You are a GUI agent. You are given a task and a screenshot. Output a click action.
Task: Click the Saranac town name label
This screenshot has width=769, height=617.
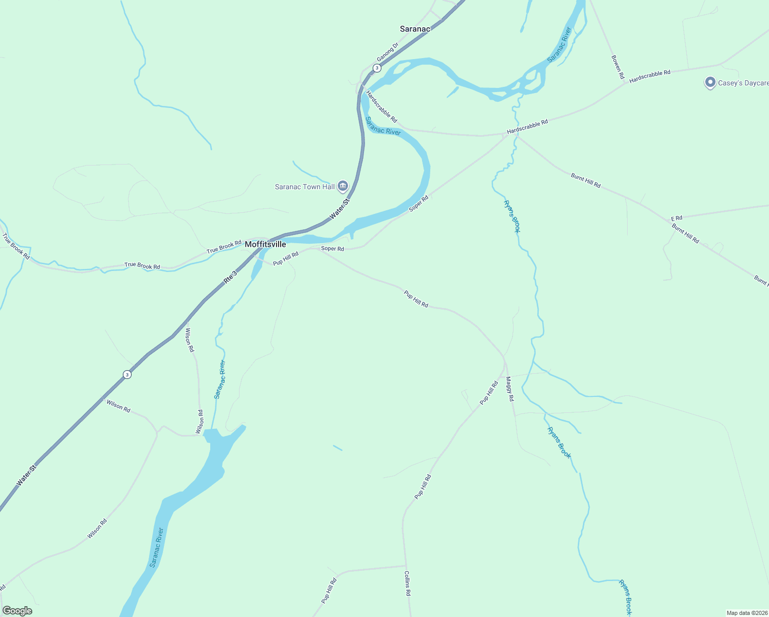point(415,29)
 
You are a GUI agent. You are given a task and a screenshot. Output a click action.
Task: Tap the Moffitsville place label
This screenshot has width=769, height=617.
point(265,244)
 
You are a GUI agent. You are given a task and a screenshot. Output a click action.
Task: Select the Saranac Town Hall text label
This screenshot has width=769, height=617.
point(305,187)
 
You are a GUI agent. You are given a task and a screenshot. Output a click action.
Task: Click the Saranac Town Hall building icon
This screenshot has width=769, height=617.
point(343,186)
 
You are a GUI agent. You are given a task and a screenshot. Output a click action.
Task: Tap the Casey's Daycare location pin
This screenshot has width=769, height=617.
point(710,82)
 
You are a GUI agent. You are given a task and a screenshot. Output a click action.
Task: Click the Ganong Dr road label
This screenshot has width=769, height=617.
point(387,51)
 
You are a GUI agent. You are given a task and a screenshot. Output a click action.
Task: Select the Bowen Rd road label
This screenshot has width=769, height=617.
point(617,67)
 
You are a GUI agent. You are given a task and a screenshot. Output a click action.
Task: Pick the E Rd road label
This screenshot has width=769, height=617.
point(676,219)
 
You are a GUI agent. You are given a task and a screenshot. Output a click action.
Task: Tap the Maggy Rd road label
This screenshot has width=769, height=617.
point(509,389)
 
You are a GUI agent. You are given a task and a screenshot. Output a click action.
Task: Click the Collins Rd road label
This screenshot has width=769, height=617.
point(407,583)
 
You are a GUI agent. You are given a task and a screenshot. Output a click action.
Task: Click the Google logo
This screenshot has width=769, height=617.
point(17,611)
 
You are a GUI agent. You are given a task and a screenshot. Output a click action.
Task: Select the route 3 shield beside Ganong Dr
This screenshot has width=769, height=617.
point(377,68)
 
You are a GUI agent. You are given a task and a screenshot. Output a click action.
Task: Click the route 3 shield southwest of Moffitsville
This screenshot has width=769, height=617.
point(127,374)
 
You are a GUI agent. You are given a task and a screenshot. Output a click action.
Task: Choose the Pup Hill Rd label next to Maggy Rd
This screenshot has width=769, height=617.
point(489,393)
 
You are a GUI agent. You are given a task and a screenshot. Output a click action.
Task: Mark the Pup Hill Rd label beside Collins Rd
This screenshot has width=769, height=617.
point(328,591)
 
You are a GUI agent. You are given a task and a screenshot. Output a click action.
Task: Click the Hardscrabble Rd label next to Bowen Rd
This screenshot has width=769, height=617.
point(650,76)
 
